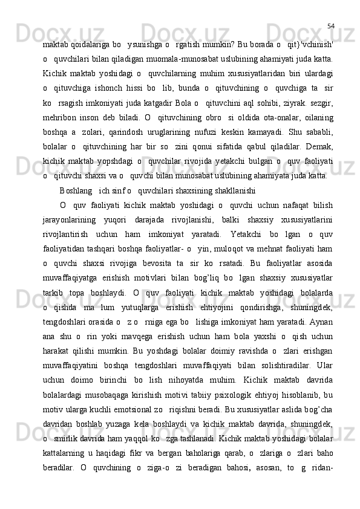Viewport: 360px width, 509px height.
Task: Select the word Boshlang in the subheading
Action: (73, 190)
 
